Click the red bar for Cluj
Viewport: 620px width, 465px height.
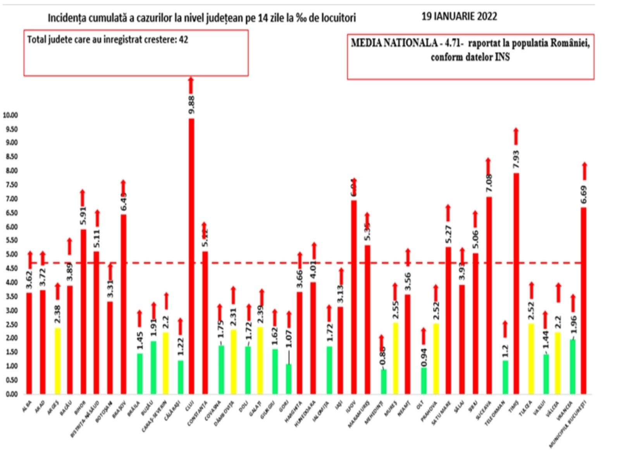[191, 256]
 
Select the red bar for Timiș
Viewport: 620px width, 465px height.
[516, 283]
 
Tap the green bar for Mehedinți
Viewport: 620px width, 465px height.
[383, 381]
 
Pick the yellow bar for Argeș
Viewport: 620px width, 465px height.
[57, 360]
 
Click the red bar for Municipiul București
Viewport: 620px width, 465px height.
[583, 300]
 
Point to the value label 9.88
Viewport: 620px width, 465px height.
[191, 105]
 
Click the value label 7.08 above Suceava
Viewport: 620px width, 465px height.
[489, 183]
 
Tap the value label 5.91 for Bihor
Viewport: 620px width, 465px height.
[83, 216]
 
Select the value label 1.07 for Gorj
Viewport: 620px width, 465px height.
[289, 339]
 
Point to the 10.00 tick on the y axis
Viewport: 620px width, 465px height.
[10, 115]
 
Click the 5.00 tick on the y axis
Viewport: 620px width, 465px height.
[12, 254]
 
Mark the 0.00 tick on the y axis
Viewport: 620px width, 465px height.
[12, 394]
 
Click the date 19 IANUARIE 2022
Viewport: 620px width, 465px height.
[459, 17]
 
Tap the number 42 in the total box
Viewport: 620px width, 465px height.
[183, 40]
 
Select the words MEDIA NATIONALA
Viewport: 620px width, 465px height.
[394, 43]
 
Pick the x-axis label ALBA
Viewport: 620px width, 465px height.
[27, 407]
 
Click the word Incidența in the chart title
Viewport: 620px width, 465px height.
[64, 18]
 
